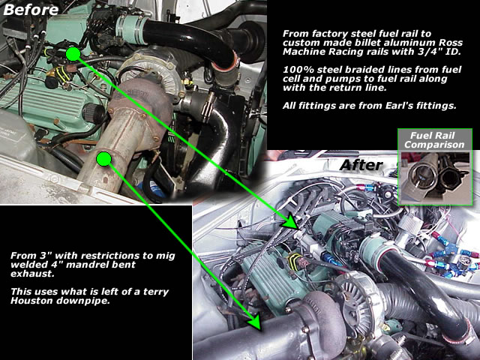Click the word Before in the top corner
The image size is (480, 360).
[31, 10]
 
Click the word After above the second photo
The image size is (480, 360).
[361, 165]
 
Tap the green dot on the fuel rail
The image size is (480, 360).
[73, 54]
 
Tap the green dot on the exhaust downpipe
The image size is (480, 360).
[103, 159]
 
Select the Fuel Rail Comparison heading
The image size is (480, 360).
[434, 140]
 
